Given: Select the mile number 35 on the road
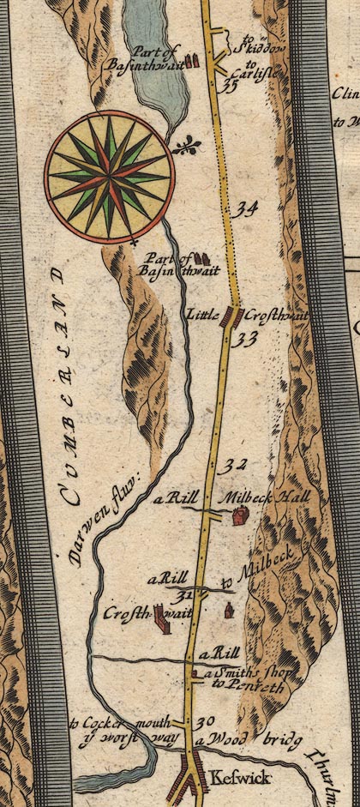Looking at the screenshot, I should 227,85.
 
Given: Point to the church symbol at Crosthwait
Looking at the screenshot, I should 162,624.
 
